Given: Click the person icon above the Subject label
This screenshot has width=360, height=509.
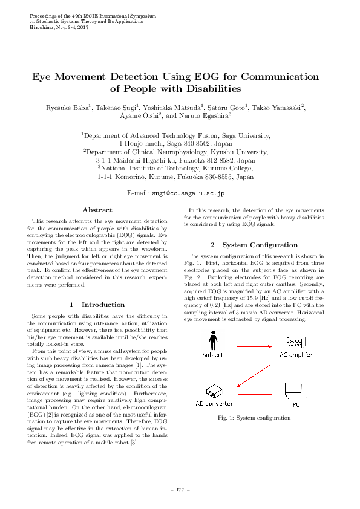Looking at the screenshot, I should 212,340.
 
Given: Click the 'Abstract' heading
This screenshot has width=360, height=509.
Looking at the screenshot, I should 97,210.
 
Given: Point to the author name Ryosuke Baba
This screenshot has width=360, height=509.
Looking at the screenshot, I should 73,108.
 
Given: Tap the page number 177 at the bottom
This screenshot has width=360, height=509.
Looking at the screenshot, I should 180,489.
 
